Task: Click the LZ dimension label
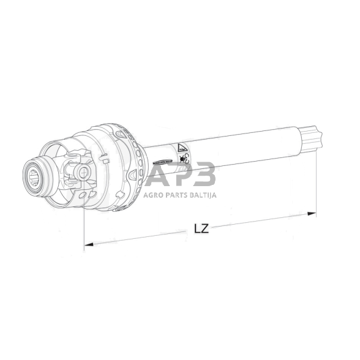201,228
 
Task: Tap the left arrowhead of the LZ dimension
89,244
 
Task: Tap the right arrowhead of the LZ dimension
312,214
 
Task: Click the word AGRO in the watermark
152,195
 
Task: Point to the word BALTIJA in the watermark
204,195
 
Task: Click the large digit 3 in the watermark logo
203,174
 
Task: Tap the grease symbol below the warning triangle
183,158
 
